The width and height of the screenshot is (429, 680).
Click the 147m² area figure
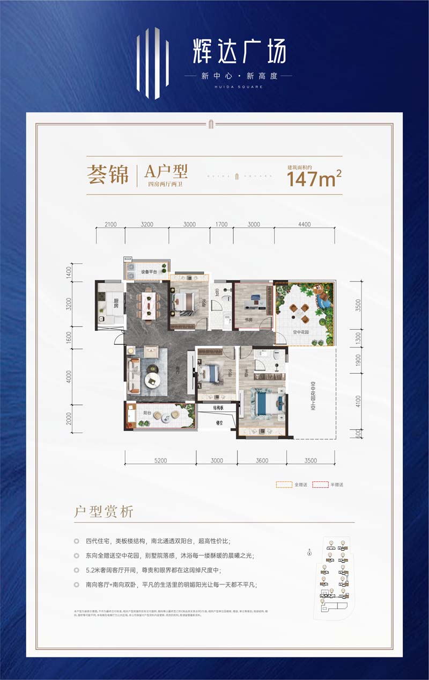[315, 178]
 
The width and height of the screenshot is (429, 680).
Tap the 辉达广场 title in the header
[239, 52]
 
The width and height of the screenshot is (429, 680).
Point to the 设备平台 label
[149, 272]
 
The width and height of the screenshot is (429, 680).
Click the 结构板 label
[218, 408]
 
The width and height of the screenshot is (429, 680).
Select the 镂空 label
[219, 423]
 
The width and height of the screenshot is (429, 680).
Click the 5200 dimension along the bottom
[160, 460]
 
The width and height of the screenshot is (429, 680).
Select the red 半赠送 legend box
[320, 484]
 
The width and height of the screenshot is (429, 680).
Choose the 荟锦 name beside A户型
[108, 175]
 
